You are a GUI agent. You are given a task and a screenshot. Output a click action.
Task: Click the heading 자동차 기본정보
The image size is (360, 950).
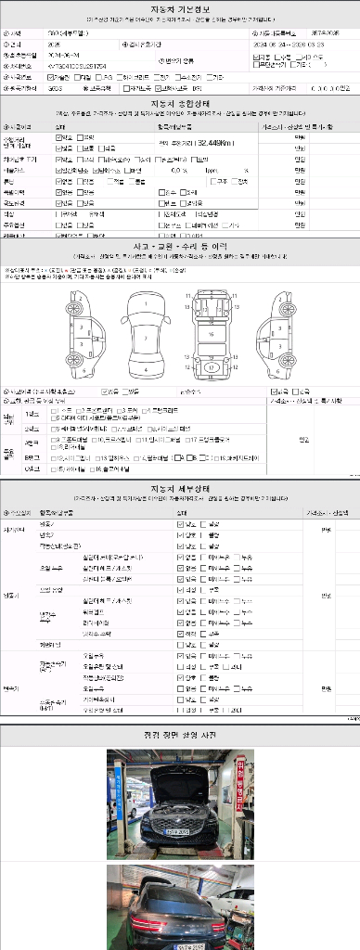(x=180, y=9)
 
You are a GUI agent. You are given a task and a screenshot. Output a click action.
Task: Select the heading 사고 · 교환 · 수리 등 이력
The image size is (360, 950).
(x=180, y=245)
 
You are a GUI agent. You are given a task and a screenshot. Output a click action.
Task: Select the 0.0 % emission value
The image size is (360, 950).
(x=179, y=171)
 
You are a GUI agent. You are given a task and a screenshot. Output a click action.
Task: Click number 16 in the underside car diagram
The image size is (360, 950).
(x=212, y=331)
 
